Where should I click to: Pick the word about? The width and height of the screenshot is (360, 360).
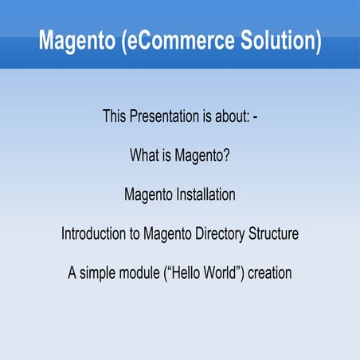coord(229,117)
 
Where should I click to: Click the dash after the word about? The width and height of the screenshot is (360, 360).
coord(253,117)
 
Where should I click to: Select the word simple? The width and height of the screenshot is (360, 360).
coord(100,273)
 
